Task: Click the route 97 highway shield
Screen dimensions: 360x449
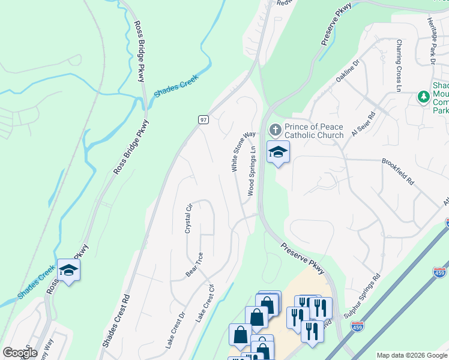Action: click(203, 120)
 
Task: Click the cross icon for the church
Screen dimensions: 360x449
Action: click(275, 130)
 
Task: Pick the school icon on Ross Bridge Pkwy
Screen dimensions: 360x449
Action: click(69, 271)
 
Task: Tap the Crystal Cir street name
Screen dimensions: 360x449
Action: click(188, 218)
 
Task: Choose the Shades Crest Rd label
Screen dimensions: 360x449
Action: click(116, 320)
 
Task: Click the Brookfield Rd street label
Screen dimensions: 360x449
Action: click(398, 171)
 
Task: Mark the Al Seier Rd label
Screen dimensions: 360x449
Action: click(363, 124)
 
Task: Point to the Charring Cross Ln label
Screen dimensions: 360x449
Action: click(399, 58)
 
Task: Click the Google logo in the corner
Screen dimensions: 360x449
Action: click(20, 353)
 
